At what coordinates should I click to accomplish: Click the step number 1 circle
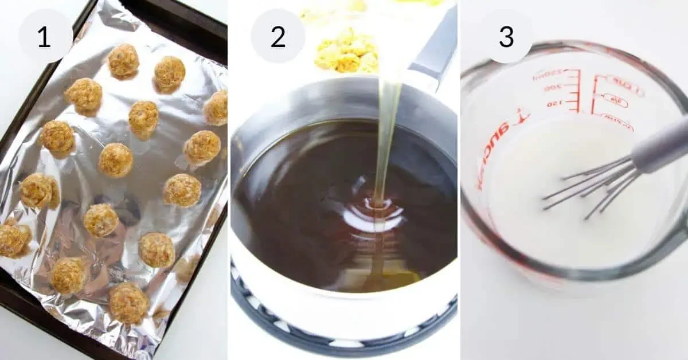click(45, 36)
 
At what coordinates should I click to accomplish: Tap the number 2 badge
click(277, 36)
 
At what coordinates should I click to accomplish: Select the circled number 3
click(506, 36)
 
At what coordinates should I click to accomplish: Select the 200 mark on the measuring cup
click(552, 88)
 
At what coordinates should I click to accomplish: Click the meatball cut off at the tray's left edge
click(11, 240)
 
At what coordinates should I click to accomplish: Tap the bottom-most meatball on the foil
click(128, 302)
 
